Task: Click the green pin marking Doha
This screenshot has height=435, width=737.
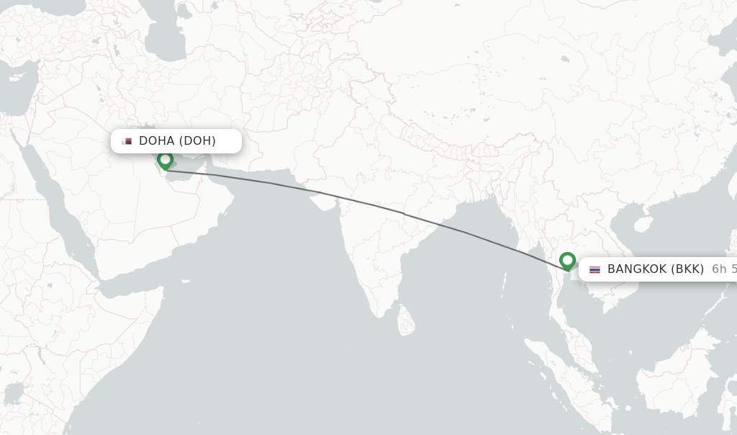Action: pyautogui.click(x=166, y=160)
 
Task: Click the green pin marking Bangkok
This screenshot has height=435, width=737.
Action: pyautogui.click(x=567, y=261)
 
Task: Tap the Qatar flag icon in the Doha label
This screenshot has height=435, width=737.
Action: pyautogui.click(x=127, y=141)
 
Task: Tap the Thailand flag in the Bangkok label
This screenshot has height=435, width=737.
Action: pyautogui.click(x=594, y=269)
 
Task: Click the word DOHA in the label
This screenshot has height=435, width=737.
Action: pyautogui.click(x=156, y=140)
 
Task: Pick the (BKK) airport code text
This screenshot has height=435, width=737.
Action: pyautogui.click(x=687, y=269)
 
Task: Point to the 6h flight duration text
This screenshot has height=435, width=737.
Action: pyautogui.click(x=723, y=269)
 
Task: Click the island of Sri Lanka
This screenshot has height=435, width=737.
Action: pyautogui.click(x=406, y=320)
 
